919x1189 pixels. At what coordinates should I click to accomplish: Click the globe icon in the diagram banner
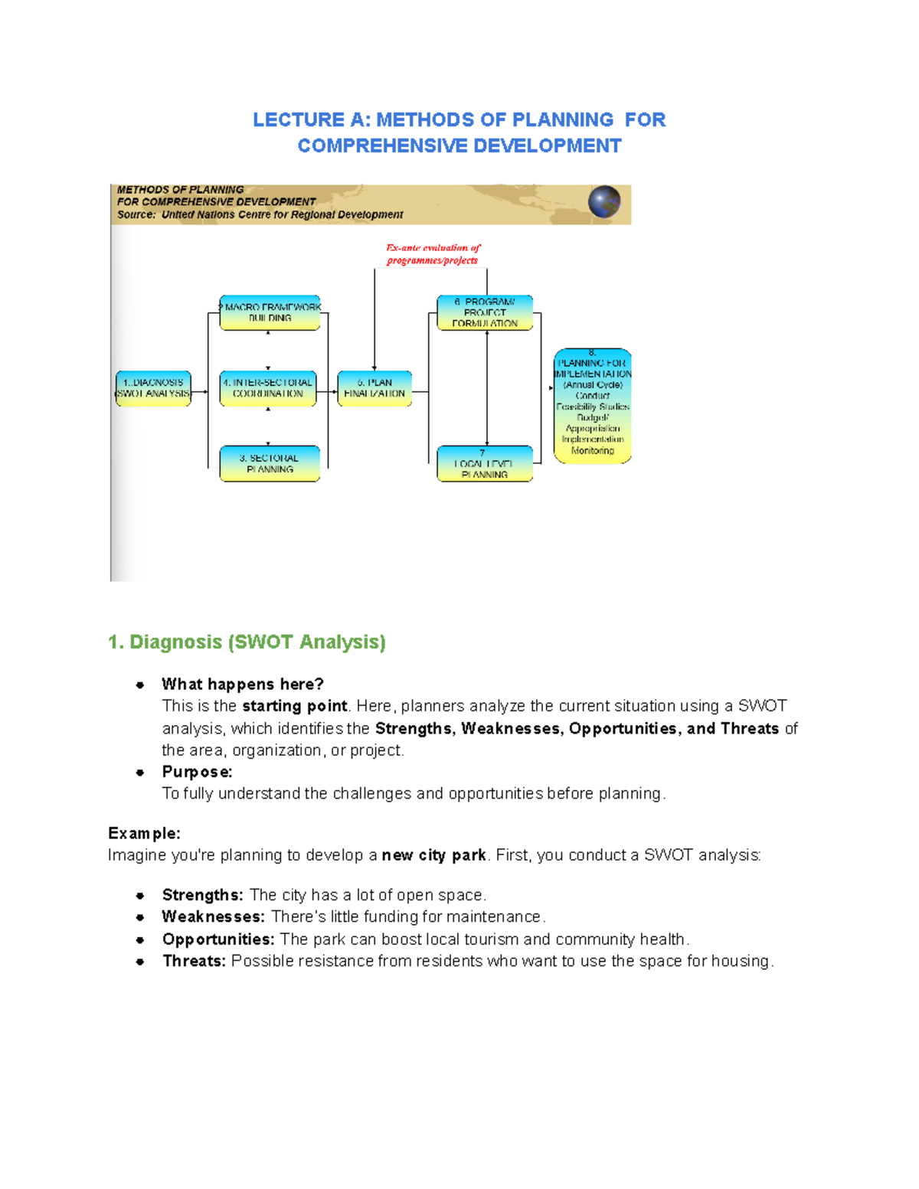pyautogui.click(x=604, y=203)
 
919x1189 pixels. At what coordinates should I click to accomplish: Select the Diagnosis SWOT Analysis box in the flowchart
pyautogui.click(x=153, y=388)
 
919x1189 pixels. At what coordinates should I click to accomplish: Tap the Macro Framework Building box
pyautogui.click(x=270, y=312)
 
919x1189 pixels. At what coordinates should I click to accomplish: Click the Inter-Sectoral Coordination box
pyautogui.click(x=268, y=388)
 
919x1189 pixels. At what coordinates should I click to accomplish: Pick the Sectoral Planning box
pyautogui.click(x=270, y=464)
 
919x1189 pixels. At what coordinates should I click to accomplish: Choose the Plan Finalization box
pyautogui.click(x=374, y=388)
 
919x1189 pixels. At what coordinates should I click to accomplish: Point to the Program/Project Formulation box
pyautogui.click(x=485, y=312)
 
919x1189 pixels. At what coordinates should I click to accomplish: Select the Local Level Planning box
pyautogui.click(x=485, y=464)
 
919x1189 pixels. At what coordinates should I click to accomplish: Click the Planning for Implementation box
pyautogui.click(x=592, y=407)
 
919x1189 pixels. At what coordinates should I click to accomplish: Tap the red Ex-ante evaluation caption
pyautogui.click(x=433, y=254)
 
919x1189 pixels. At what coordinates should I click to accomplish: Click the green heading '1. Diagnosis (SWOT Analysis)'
pyautogui.click(x=247, y=642)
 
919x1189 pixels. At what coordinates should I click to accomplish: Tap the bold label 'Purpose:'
pyautogui.click(x=197, y=772)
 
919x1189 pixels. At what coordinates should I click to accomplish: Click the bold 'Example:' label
pyautogui.click(x=144, y=833)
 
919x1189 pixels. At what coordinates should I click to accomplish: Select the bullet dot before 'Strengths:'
pyautogui.click(x=140, y=896)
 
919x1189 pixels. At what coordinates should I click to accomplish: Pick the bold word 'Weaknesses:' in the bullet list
pyautogui.click(x=213, y=917)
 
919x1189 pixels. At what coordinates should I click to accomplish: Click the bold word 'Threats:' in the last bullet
pyautogui.click(x=194, y=962)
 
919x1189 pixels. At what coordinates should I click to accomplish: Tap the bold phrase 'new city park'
pyautogui.click(x=433, y=855)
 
